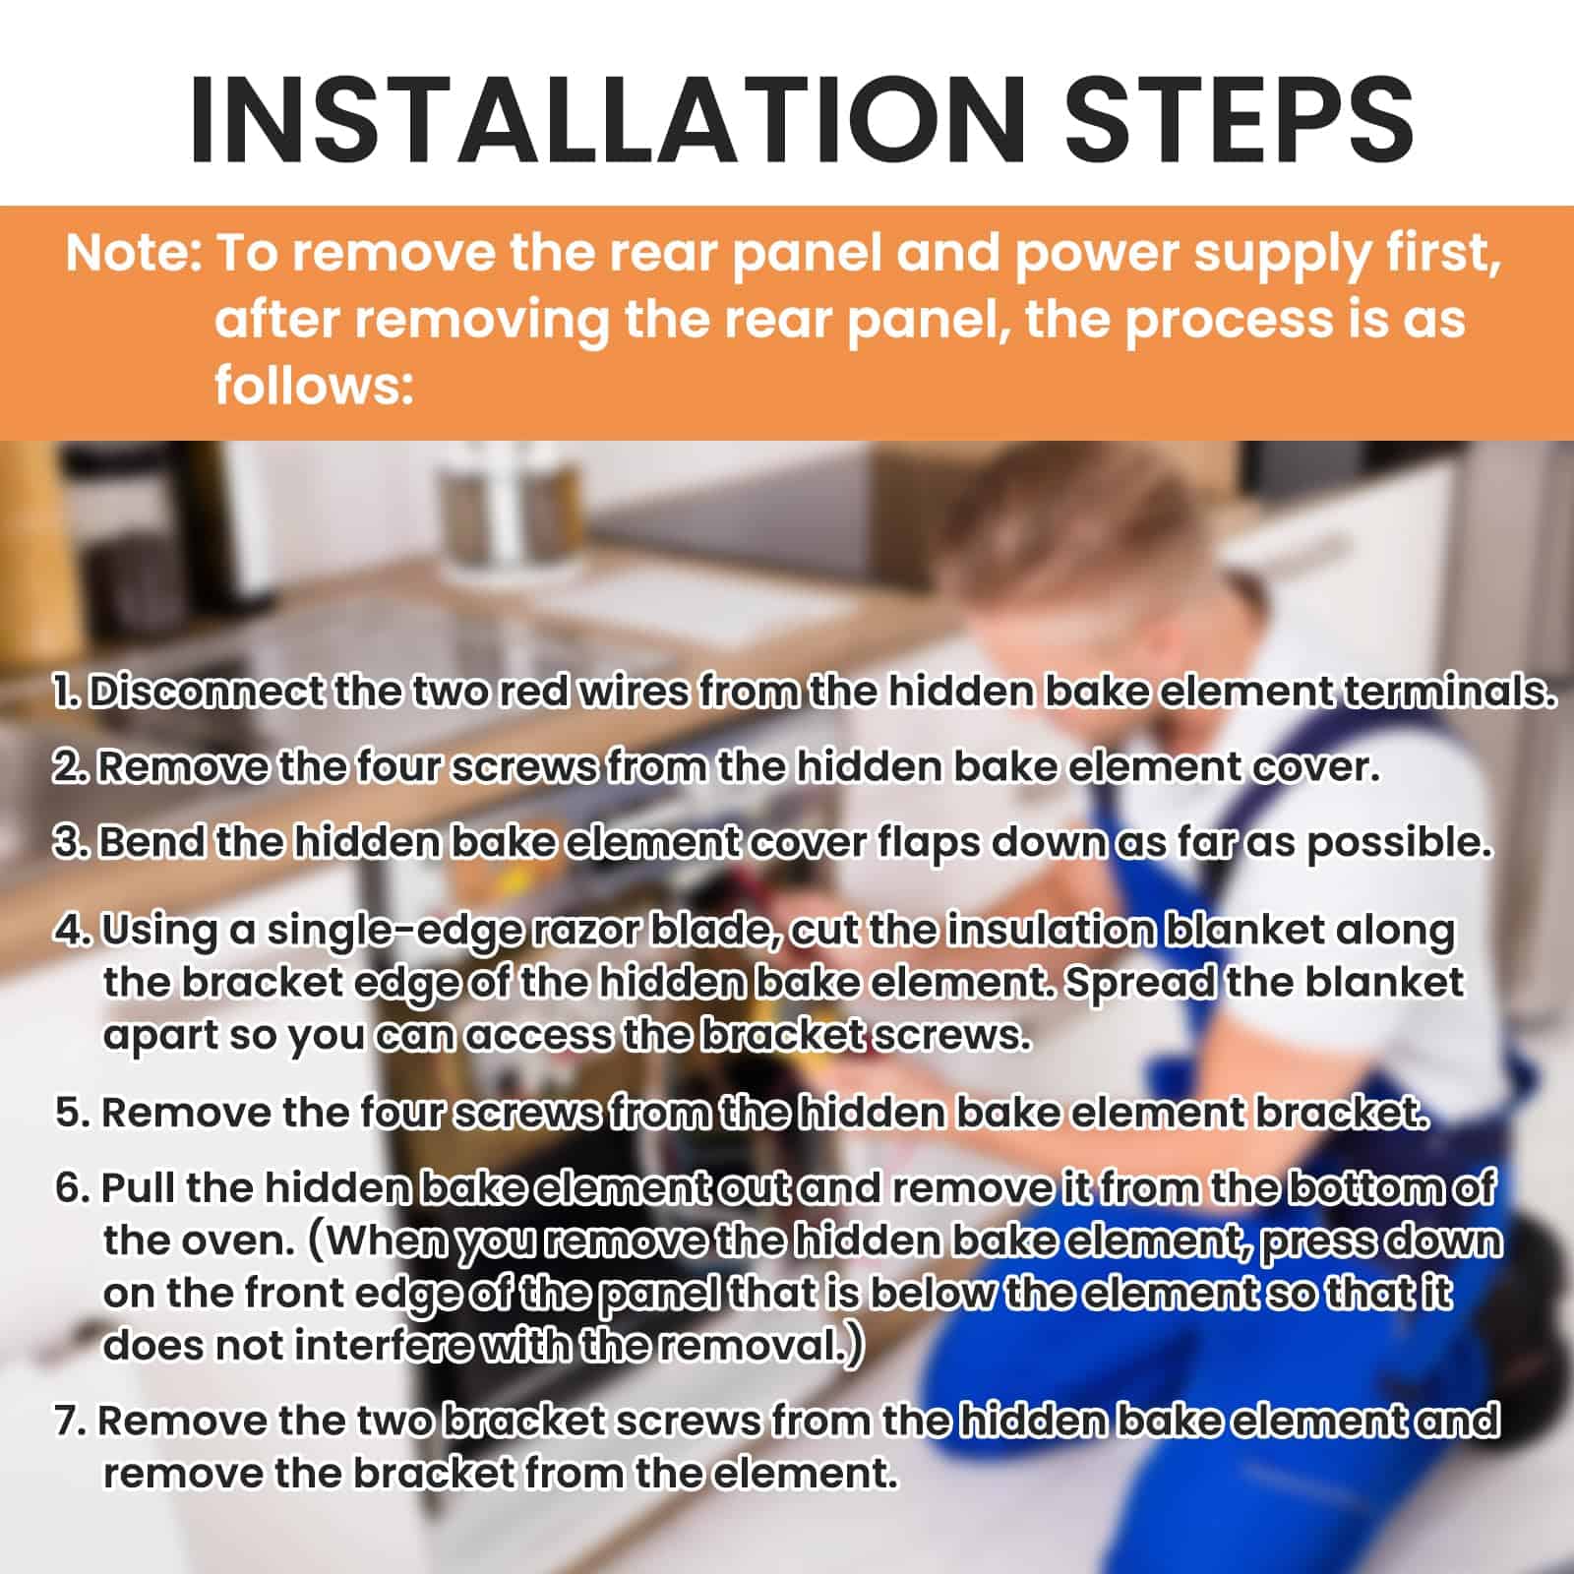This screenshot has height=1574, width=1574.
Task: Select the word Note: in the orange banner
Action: [135, 254]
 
